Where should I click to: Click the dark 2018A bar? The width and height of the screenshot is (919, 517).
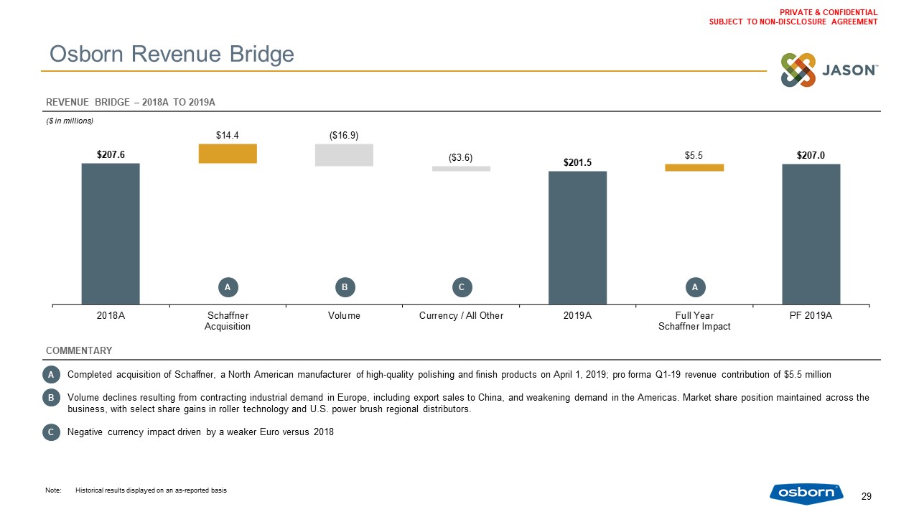point(111,233)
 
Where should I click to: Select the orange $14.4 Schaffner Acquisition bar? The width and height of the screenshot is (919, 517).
point(228,154)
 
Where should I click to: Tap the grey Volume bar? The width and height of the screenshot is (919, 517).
point(344,155)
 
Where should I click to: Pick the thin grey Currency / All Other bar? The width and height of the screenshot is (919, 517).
point(461,169)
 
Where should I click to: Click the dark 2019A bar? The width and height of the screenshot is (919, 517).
point(577,238)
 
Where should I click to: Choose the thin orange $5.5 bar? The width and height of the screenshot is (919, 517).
point(694,167)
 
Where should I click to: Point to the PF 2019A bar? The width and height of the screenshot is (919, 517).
point(811,234)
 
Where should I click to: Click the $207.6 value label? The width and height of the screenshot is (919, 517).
point(111,154)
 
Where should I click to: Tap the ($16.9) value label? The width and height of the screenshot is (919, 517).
point(344,135)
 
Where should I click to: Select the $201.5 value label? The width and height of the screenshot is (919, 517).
point(577,162)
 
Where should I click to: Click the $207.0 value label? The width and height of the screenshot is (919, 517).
point(811,155)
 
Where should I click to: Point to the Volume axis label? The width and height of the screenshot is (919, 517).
point(344,316)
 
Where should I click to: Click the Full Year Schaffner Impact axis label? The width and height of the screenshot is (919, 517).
point(694,321)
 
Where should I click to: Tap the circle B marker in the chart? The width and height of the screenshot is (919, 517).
point(344,287)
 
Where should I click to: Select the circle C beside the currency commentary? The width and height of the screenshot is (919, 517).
point(50,432)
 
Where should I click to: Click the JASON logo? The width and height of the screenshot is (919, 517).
point(829,70)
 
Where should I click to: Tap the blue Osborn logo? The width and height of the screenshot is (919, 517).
point(806,493)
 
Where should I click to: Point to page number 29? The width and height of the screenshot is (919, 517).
point(866,496)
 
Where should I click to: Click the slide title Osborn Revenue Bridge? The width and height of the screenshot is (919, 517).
point(171,54)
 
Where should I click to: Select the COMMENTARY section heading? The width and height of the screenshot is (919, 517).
point(79,350)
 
